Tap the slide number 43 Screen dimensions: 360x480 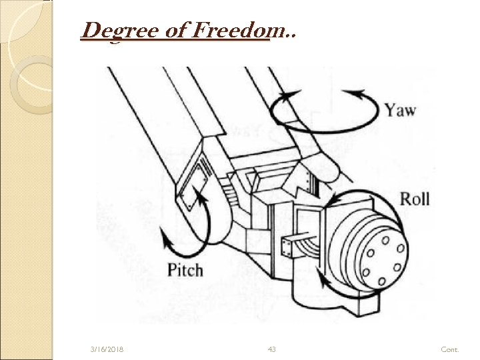(271, 349)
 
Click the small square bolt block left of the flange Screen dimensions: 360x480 (291, 247)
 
